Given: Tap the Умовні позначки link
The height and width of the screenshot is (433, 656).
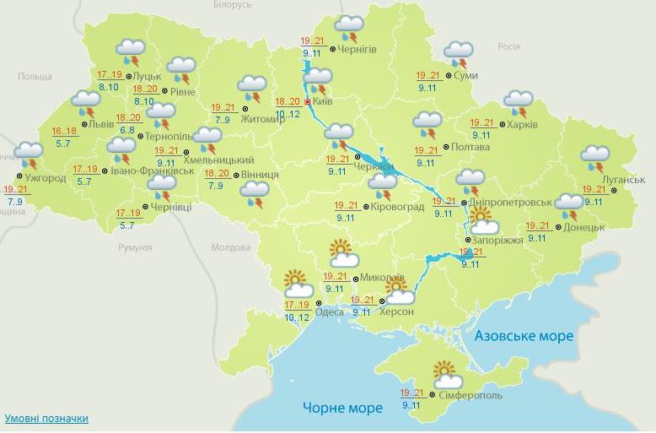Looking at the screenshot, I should (x=46, y=419).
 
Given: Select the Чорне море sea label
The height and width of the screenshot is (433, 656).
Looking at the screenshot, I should (x=343, y=408).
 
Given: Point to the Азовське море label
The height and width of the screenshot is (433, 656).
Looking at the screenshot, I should (x=524, y=336).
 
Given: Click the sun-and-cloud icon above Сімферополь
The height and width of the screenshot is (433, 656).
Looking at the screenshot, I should (x=447, y=375).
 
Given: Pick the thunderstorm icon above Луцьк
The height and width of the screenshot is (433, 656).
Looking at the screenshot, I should (x=131, y=52).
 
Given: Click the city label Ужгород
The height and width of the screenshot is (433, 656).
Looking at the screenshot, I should (x=46, y=178).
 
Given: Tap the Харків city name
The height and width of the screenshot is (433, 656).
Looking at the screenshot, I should (x=523, y=125).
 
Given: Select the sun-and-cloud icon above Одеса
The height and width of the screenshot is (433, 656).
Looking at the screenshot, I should (x=298, y=284).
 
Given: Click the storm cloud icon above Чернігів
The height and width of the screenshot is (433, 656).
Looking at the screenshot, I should (x=348, y=29).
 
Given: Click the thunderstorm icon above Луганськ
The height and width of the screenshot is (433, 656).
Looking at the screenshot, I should (x=595, y=158).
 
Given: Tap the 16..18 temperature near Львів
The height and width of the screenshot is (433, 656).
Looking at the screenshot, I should (x=64, y=131).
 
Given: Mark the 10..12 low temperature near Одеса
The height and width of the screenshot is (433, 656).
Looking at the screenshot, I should (x=298, y=317).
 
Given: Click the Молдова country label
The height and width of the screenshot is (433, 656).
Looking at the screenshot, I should (x=231, y=248).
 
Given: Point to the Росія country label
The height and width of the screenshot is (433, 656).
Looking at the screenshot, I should (x=508, y=47).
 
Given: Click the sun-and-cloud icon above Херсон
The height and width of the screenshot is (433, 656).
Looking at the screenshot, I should (x=398, y=291).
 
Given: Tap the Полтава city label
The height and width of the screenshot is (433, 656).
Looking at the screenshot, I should (x=470, y=147).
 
